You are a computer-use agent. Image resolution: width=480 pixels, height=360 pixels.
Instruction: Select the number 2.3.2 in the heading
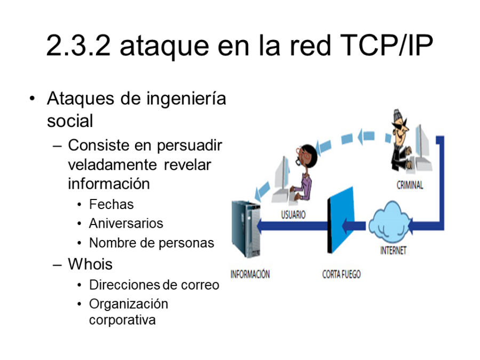[78, 46]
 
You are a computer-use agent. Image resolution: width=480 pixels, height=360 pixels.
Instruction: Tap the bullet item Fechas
[111, 204]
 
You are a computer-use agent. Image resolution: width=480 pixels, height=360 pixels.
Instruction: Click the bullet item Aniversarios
[126, 223]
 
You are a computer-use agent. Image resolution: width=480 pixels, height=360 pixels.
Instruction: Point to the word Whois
[90, 263]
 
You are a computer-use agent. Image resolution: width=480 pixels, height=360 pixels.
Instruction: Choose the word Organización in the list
[129, 304]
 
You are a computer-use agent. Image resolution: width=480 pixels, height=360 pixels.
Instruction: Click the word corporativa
[123, 320]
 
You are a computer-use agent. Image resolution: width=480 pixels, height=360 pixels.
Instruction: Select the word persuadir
[190, 146]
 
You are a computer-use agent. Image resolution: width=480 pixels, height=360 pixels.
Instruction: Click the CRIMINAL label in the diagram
[410, 186]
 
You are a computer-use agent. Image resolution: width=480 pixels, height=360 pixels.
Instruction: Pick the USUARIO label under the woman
[293, 216]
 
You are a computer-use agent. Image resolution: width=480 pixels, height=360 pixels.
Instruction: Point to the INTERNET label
[393, 250]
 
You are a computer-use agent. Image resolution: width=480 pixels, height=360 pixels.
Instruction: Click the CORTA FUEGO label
[341, 274]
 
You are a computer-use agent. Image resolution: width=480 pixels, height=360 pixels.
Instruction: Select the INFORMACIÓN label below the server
[250, 274]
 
